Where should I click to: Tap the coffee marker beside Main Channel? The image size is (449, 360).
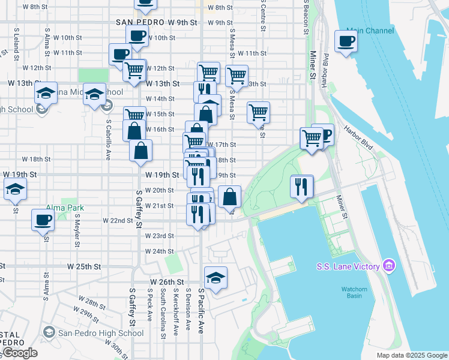click(x=346, y=42)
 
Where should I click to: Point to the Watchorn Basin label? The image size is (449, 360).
click(x=354, y=292)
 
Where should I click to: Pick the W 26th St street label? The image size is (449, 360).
click(x=166, y=282)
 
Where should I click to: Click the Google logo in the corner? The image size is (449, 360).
click(x=19, y=353)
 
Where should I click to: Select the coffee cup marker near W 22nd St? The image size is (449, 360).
click(x=43, y=220)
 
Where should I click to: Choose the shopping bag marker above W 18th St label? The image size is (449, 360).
click(x=140, y=151)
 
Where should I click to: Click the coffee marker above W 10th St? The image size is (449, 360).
click(x=137, y=35)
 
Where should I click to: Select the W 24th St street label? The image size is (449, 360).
click(x=159, y=251)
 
